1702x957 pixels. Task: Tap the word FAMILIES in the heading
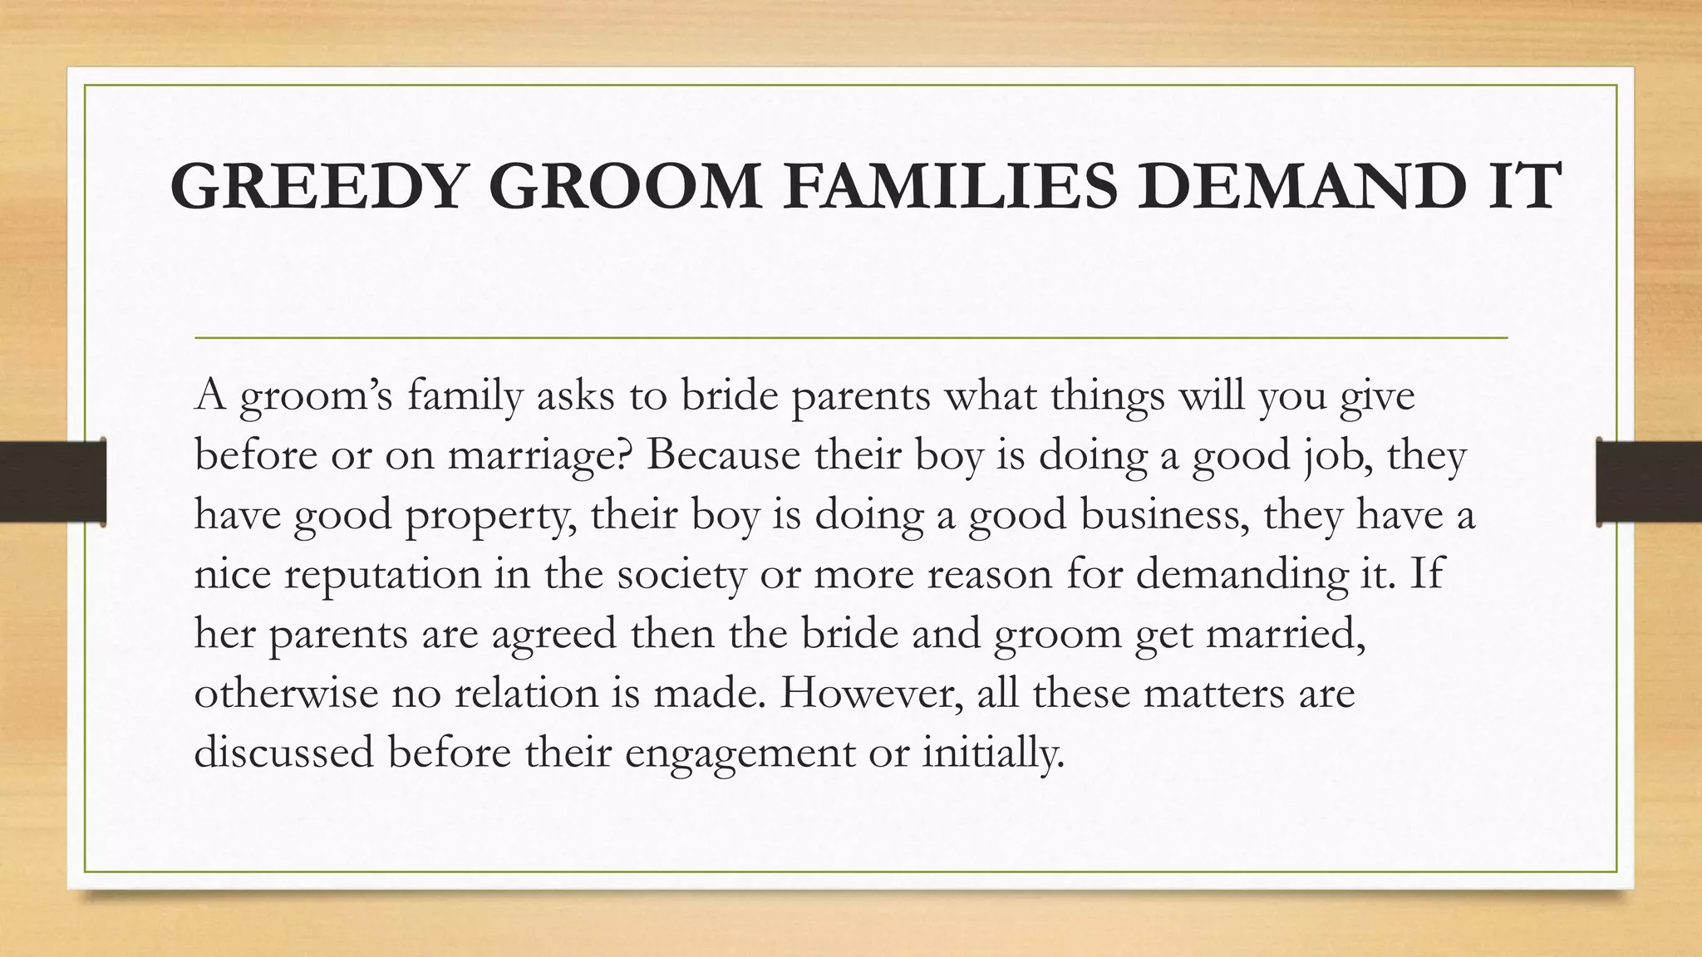[x=947, y=187]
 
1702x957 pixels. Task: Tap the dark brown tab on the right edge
[x=1649, y=482]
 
